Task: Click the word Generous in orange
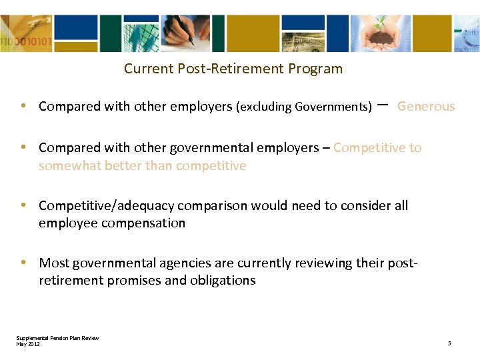tap(426, 107)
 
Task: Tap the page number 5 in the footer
tap(449, 343)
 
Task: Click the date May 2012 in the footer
tap(28, 343)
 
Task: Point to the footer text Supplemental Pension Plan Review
tap(57, 338)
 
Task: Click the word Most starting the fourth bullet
tap(53, 263)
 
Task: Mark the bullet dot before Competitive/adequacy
tap(23, 206)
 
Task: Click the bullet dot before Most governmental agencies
tap(23, 263)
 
